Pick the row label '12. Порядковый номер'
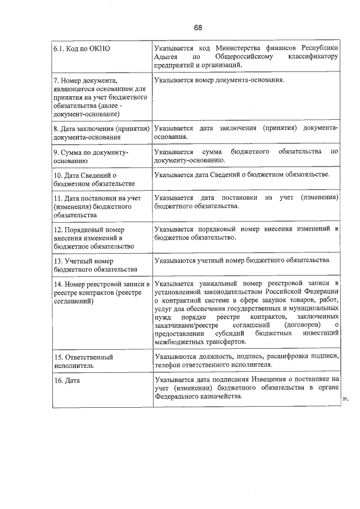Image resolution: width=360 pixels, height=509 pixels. pos(93,238)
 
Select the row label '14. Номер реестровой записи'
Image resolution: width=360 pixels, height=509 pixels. pos(101,292)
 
